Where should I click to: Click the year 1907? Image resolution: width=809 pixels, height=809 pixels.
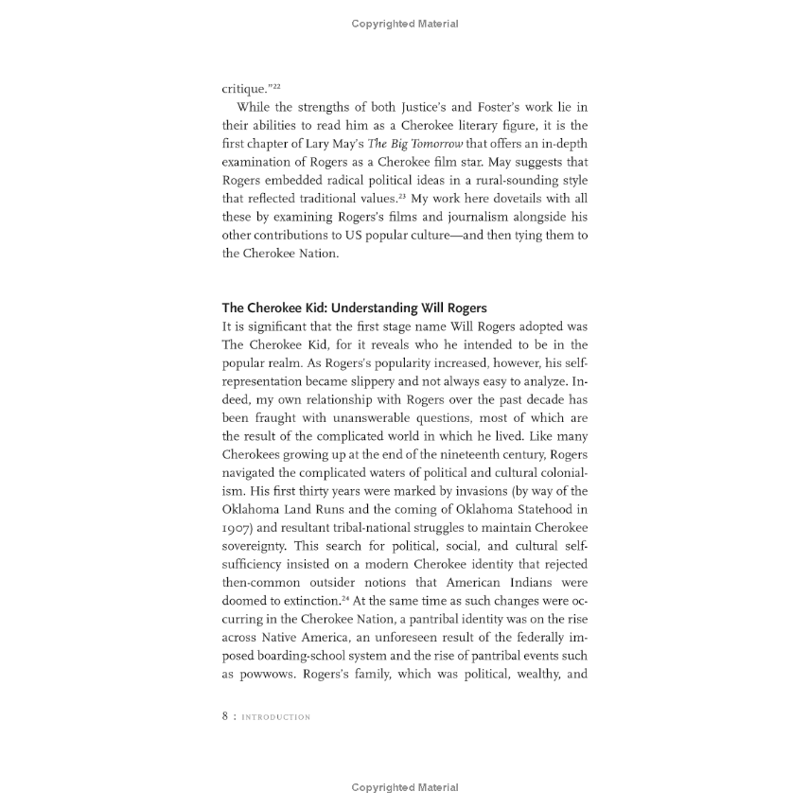[x=236, y=527]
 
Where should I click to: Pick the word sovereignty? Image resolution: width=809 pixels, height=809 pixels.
[x=255, y=545]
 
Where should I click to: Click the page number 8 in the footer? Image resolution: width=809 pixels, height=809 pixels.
[x=225, y=716]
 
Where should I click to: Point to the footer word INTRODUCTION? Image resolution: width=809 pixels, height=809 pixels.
[x=275, y=717]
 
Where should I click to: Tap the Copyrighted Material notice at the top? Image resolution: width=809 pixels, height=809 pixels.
[x=404, y=24]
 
